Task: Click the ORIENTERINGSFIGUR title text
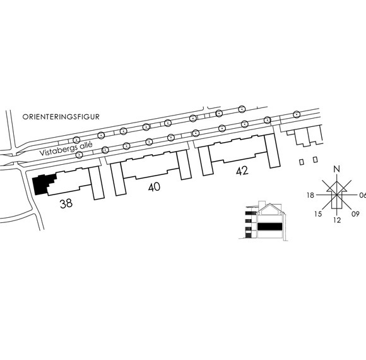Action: [x=61, y=117]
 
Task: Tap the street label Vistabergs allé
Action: [x=66, y=149]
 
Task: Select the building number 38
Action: [x=66, y=203]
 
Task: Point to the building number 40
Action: [x=155, y=187]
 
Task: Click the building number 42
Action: [x=242, y=171]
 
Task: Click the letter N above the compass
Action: [x=336, y=169]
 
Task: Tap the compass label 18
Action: [x=310, y=195]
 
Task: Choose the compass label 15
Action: [x=318, y=213]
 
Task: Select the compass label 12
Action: [x=337, y=220]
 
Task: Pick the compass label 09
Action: [x=355, y=213]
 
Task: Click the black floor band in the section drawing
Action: [x=269, y=226]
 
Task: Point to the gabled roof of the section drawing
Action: [x=270, y=208]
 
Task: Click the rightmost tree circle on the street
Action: [x=297, y=114]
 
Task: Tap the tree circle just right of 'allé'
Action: [x=105, y=150]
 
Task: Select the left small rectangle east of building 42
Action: [x=302, y=162]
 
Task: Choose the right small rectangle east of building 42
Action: [x=316, y=160]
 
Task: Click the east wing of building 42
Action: [x=272, y=151]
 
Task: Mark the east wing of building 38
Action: [x=97, y=183]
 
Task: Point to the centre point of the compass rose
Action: [x=336, y=195]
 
